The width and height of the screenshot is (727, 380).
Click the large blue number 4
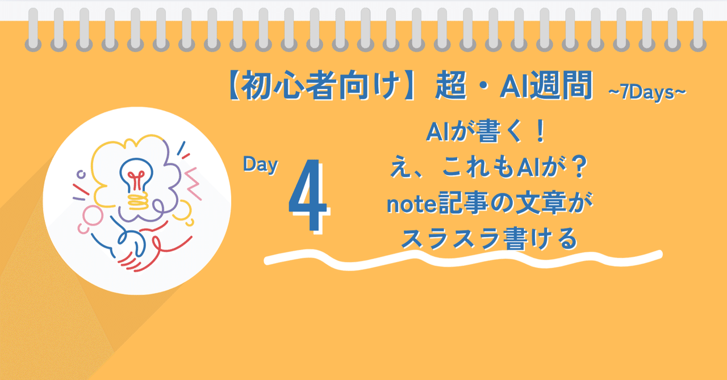308,196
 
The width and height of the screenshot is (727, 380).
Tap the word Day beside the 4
260,165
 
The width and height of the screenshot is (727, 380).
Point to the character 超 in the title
452,87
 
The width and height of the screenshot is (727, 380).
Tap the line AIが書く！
486,133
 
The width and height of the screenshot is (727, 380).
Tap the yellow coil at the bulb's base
137,200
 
